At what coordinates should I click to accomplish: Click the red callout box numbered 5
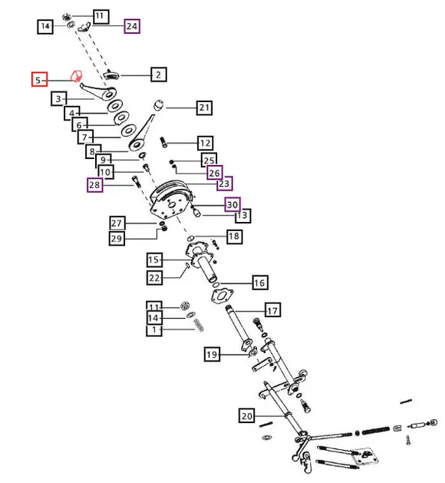[x=39, y=79]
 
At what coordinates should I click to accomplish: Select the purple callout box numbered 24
[x=132, y=26]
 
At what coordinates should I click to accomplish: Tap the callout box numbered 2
[x=159, y=74]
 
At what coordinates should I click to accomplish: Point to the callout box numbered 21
[x=204, y=108]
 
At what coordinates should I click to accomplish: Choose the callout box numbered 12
[x=206, y=144]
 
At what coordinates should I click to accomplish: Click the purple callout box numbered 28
[x=95, y=185]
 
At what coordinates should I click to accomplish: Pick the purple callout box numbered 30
[x=232, y=204]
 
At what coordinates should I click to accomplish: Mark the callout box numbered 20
[x=247, y=416]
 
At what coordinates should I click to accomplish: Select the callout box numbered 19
[x=212, y=354]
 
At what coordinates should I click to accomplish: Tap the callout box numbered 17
[x=272, y=310]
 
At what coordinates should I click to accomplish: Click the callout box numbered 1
[x=154, y=330]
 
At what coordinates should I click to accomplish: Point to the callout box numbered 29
[x=117, y=238]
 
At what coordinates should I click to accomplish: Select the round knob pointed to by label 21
[x=159, y=105]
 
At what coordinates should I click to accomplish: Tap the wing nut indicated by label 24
[x=84, y=27]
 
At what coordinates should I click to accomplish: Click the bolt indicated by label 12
[x=163, y=142]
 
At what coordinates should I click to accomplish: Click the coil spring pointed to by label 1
[x=199, y=326]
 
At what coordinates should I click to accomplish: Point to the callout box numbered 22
[x=154, y=278]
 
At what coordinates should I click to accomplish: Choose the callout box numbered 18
[x=235, y=237]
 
